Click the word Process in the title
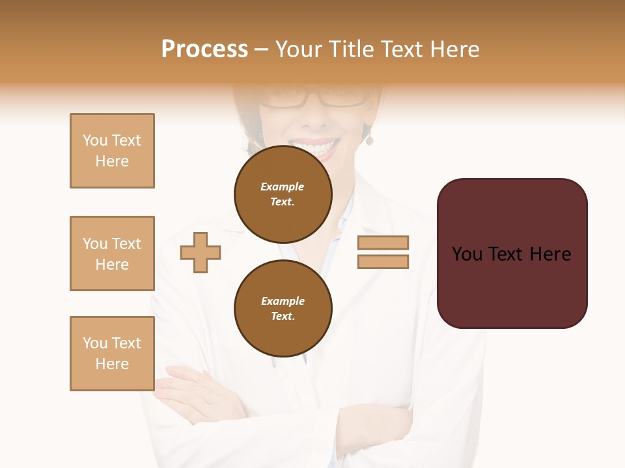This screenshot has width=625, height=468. click(x=204, y=49)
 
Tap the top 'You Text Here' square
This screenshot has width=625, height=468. click(x=112, y=151)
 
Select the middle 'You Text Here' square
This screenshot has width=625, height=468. click(x=112, y=253)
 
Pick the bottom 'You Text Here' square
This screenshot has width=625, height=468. click(x=112, y=354)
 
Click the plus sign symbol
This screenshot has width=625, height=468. click(x=201, y=252)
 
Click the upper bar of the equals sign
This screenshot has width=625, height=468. click(x=383, y=242)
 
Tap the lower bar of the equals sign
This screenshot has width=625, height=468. click(x=383, y=261)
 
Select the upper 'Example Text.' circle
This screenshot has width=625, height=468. click(x=283, y=194)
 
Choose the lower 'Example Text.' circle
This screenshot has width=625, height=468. click(x=283, y=309)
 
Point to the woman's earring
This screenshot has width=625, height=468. click(x=369, y=140)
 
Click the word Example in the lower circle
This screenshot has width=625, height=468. click(x=283, y=301)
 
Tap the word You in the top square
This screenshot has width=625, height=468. click(x=94, y=140)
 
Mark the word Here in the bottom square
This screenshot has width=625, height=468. click(x=112, y=364)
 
